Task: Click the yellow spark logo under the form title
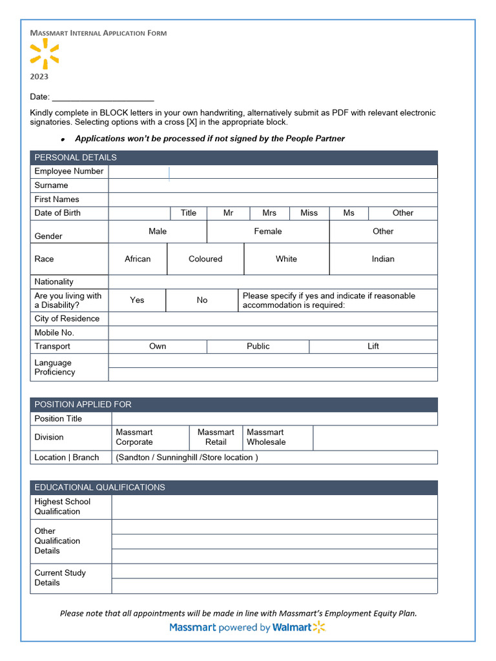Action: [x=45, y=54]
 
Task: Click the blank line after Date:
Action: [x=103, y=97]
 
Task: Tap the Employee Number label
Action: [x=69, y=171]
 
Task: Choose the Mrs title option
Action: [x=269, y=213]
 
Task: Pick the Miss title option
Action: [x=309, y=213]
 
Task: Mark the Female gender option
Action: [x=267, y=231]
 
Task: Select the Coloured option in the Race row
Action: [x=205, y=259]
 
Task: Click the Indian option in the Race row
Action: [x=383, y=259]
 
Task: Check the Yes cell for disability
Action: [x=137, y=300]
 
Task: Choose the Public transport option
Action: [x=258, y=347]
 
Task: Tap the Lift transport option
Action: [x=373, y=347]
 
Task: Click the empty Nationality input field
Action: [x=273, y=282]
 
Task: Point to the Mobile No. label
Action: [x=54, y=332]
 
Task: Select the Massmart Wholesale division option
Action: [x=266, y=437]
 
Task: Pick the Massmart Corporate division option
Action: [x=134, y=437]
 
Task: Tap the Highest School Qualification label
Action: [x=63, y=507]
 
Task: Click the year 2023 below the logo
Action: [x=39, y=77]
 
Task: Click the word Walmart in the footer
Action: [x=291, y=627]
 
